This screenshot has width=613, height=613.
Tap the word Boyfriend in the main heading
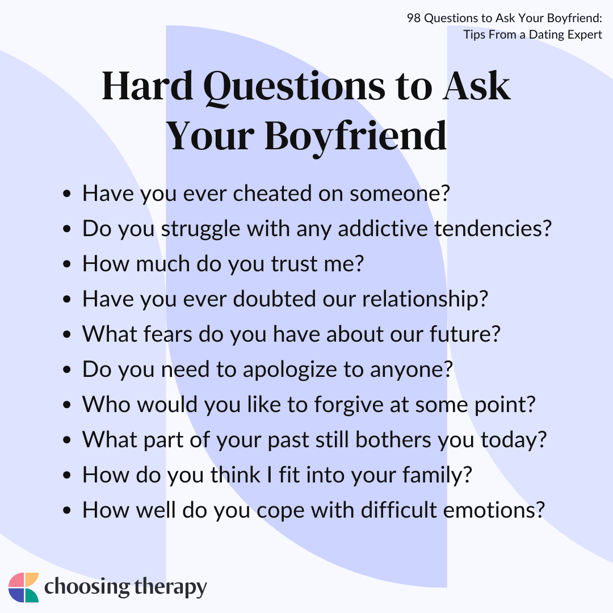[356, 137]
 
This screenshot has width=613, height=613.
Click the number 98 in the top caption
[414, 18]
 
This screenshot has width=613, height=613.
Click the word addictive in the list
[383, 228]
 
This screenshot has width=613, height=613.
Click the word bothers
[393, 439]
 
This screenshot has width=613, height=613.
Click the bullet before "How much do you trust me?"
[67, 264]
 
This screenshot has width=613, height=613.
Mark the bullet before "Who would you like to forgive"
[67, 405]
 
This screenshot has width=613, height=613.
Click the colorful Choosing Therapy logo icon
[23, 587]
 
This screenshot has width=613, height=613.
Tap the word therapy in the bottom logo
[170, 587]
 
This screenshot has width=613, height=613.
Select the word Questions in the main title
[294, 88]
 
